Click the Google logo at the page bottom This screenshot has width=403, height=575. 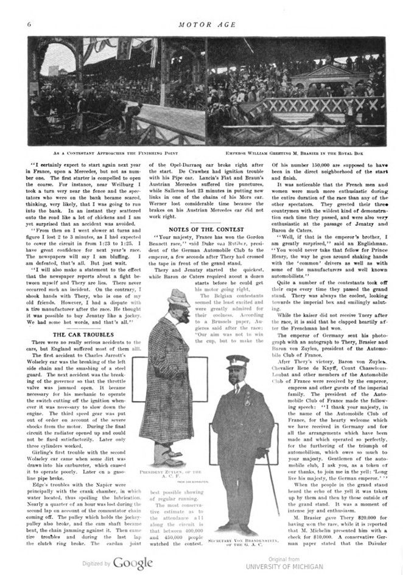coord(132,563)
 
